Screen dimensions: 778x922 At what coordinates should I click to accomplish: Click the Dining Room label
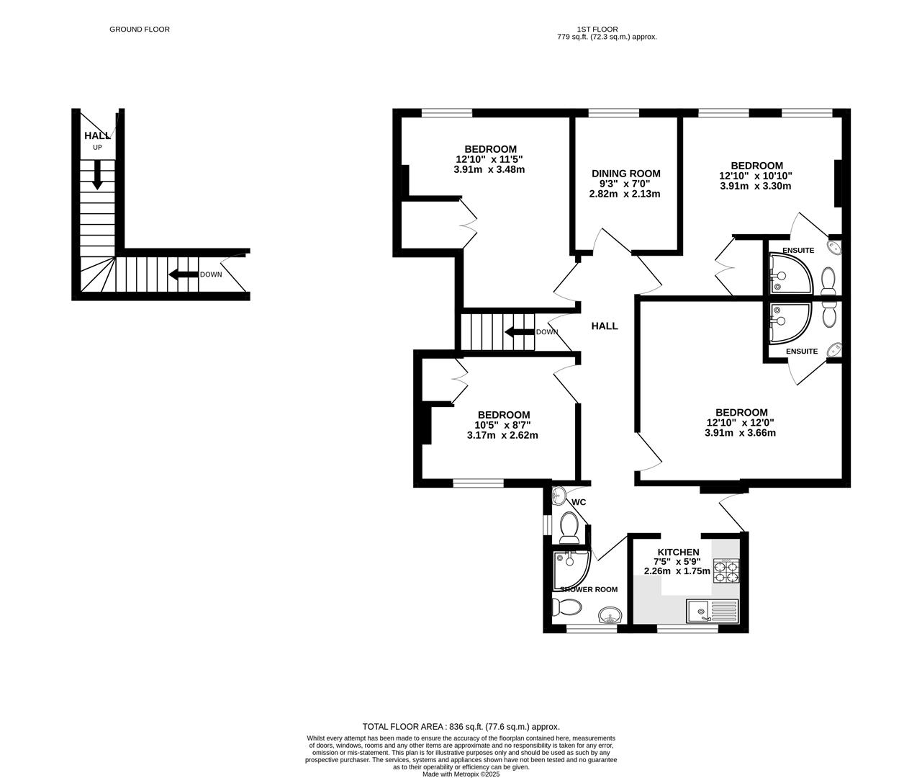coord(625,174)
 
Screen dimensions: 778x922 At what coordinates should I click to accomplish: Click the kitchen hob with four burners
coord(726,570)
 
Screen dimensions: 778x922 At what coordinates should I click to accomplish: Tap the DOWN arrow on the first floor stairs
coord(518,332)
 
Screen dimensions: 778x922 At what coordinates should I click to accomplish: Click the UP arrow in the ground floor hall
coord(97,175)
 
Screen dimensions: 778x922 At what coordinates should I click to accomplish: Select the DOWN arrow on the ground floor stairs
coord(183,274)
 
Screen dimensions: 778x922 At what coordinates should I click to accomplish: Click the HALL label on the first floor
coord(605,326)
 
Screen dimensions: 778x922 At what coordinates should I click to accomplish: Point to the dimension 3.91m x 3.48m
coord(489,170)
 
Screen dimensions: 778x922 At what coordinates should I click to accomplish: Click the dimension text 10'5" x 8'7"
coord(503,425)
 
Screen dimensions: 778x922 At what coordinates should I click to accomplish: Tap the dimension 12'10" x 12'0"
coord(741,423)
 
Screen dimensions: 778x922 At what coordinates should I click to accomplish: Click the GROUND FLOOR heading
coord(140,30)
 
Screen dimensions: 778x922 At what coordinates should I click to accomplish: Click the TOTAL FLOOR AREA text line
coord(461,727)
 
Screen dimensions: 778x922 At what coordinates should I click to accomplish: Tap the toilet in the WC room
coord(569,527)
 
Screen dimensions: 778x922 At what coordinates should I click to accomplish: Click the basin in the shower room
coord(610,616)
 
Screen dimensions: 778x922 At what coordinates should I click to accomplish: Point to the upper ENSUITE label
coord(798,251)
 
